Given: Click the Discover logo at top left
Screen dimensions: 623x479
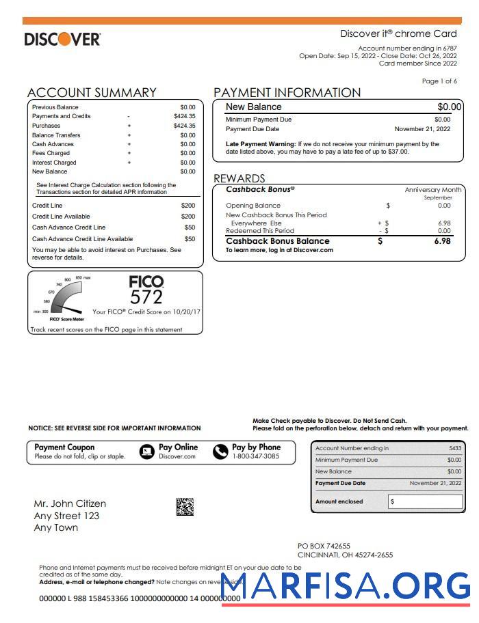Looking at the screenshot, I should [x=62, y=39].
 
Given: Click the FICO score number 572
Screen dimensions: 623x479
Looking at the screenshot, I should [x=146, y=296].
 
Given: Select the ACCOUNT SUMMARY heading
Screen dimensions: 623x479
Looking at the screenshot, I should [x=92, y=93].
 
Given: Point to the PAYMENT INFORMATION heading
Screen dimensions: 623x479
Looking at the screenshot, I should [x=287, y=93].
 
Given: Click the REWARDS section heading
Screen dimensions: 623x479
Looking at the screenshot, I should [x=239, y=179].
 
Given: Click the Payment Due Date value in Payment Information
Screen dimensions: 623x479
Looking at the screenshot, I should [x=422, y=129].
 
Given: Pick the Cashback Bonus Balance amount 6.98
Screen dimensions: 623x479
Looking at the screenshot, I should [x=442, y=241].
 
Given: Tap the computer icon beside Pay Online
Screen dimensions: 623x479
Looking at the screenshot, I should [x=146, y=452].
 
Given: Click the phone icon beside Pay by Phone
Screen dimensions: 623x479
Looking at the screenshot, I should [x=220, y=452].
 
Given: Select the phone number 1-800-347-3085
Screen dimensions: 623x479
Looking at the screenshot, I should [x=255, y=456].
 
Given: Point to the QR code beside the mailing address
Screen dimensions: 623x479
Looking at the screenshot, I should [x=185, y=506].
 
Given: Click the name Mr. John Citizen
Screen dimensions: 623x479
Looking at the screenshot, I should [x=70, y=504].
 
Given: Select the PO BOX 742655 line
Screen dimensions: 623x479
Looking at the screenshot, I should [x=324, y=546].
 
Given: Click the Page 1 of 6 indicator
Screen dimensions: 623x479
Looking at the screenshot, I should [x=439, y=81].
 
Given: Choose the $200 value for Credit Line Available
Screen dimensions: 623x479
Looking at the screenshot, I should [x=187, y=217].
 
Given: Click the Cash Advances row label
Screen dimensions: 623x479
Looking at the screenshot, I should [x=53, y=144].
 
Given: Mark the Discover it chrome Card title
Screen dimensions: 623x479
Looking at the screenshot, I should [x=398, y=33].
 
